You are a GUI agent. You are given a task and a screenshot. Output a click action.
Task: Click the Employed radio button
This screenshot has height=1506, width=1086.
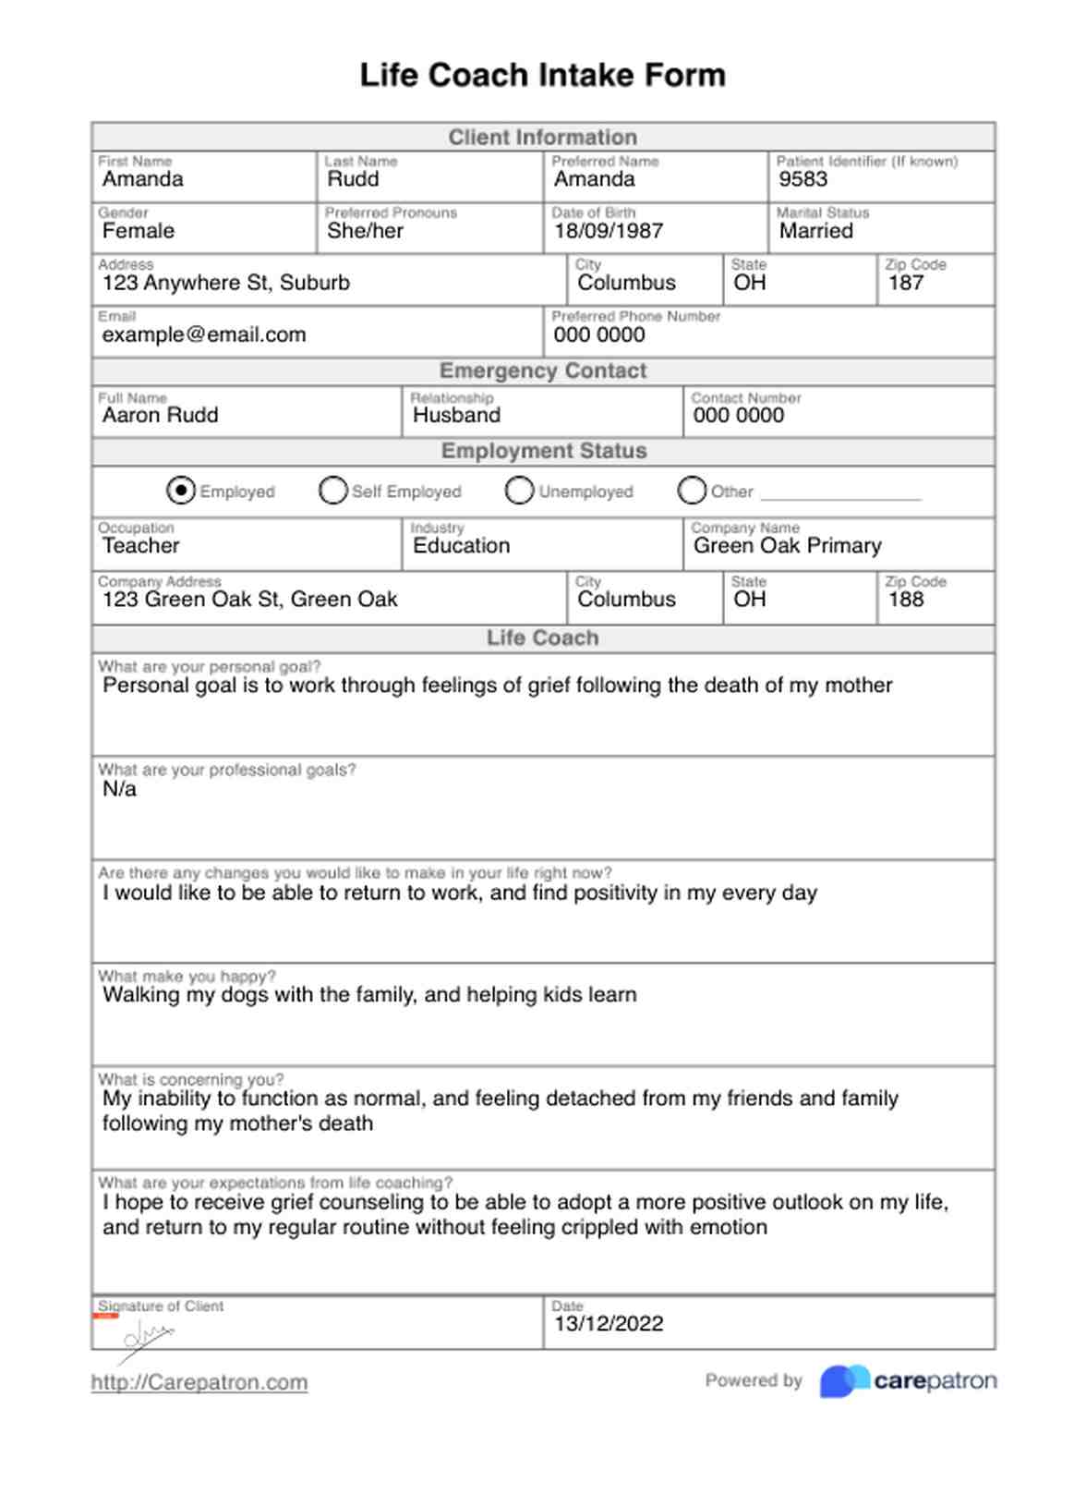click(x=181, y=491)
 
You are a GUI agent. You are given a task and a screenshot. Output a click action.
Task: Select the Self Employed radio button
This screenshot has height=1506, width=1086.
click(x=332, y=491)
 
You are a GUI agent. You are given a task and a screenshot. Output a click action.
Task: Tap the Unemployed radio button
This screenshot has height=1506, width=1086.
click(x=519, y=491)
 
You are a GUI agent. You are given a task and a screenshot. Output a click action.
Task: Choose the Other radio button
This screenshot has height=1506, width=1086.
click(x=691, y=491)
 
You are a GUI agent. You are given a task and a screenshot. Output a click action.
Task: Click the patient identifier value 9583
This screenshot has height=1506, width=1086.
click(x=803, y=179)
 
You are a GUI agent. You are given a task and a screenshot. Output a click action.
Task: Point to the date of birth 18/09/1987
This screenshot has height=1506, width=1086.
click(x=609, y=231)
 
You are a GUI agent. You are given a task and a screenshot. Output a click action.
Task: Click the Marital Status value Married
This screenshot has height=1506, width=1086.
click(x=816, y=231)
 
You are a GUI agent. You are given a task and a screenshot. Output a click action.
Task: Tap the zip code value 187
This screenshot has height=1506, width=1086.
click(x=906, y=283)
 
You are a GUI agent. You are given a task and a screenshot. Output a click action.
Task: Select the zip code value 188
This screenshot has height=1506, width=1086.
click(x=906, y=600)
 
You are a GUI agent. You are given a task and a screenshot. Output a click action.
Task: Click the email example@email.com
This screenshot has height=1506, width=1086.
click(x=204, y=334)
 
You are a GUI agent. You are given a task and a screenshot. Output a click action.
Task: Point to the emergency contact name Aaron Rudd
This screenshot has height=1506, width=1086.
click(x=161, y=415)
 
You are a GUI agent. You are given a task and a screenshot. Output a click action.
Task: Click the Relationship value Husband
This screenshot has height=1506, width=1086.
click(x=456, y=415)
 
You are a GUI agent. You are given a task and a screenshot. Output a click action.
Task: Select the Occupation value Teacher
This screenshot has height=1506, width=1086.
click(x=141, y=546)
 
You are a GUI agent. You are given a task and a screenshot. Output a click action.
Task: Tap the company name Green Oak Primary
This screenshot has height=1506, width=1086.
click(x=788, y=546)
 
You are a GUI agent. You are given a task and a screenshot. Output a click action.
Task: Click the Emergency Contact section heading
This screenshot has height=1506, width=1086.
click(x=543, y=371)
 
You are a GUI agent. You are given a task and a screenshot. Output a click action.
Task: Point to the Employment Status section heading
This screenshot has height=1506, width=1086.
click(x=543, y=451)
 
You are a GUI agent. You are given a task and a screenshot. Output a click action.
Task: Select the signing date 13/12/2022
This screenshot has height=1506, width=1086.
click(x=609, y=1324)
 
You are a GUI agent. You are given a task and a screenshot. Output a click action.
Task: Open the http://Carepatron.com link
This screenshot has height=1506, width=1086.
click(x=199, y=1382)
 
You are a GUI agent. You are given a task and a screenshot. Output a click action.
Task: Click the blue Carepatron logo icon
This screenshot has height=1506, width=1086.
click(x=844, y=1381)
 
